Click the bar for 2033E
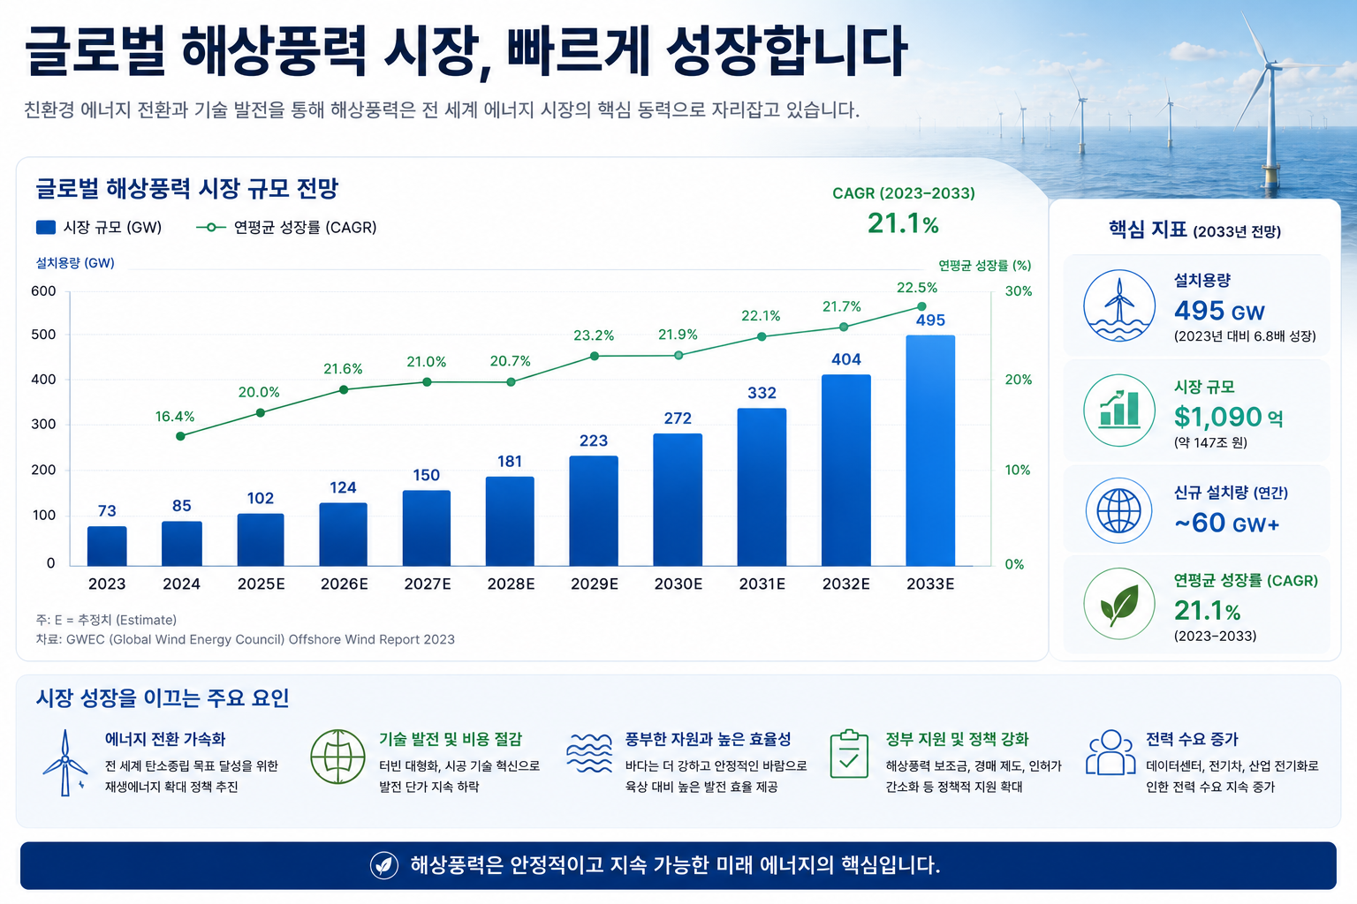[x=930, y=450]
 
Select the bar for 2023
[x=107, y=546]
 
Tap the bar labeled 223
[x=594, y=511]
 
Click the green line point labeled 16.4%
[x=180, y=436]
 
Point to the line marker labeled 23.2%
[x=595, y=356]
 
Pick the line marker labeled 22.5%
[x=921, y=306]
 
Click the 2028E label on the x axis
[x=511, y=584]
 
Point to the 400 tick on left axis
[x=43, y=380]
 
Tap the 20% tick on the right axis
[x=1019, y=380]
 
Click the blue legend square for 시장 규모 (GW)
[x=46, y=227]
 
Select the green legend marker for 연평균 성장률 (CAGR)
[x=211, y=228]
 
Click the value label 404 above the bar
[x=845, y=359]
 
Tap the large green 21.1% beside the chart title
[x=903, y=223]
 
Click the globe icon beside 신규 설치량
[x=1119, y=510]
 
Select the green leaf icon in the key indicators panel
[x=1119, y=604]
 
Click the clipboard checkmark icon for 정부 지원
[x=849, y=754]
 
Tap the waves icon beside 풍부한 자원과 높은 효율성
[x=589, y=753]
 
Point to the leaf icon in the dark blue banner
[x=384, y=865]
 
